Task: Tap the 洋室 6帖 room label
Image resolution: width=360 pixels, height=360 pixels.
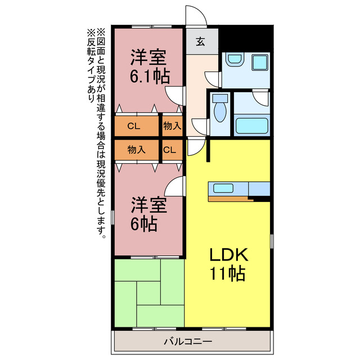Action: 148,214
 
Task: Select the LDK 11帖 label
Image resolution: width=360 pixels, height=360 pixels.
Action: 228,264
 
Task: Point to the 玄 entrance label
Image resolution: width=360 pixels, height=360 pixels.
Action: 201,40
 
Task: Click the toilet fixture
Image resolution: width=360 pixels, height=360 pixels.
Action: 220,110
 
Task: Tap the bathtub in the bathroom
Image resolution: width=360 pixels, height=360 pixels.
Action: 251,125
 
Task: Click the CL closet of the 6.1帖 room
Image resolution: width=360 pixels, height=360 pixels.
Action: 134,126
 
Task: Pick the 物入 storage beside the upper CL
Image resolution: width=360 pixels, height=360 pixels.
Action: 172,126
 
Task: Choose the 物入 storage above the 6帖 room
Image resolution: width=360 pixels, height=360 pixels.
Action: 136,150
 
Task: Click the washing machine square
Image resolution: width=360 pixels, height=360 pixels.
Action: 259,62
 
